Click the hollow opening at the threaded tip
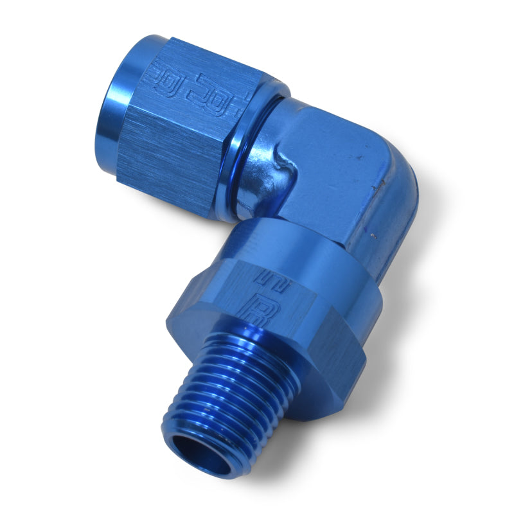tap(204, 452)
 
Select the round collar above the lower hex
tap(302, 244)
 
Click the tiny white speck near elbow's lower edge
tap(373, 238)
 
